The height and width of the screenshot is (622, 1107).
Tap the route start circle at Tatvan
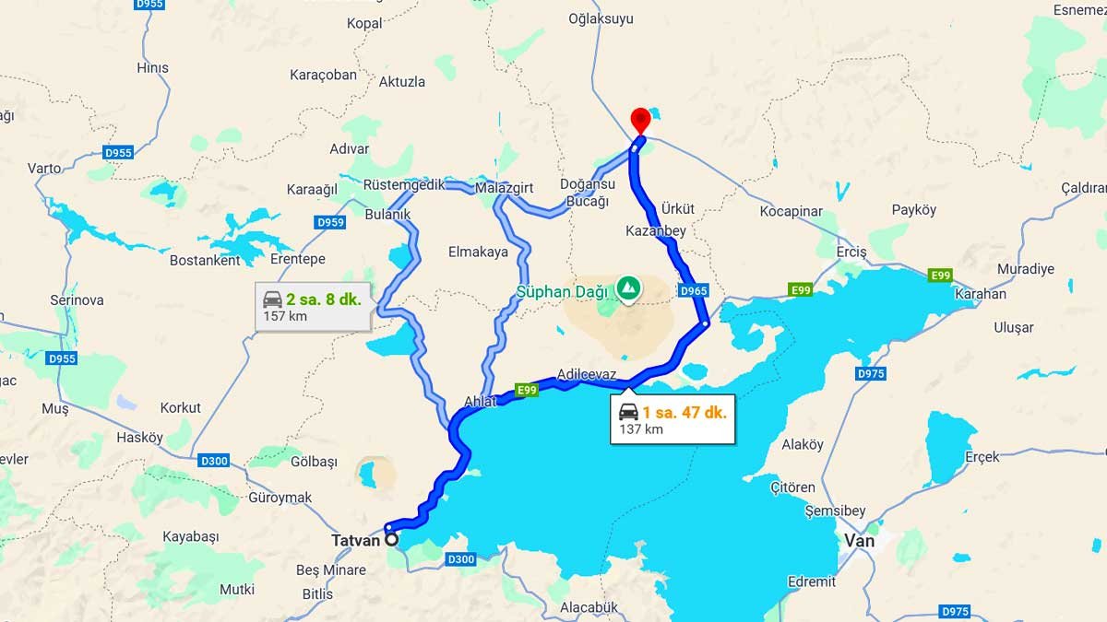point(392,540)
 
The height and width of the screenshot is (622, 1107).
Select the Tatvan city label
point(356,541)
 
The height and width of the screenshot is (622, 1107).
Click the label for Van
point(859,541)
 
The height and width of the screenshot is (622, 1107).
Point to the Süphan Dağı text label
point(563,293)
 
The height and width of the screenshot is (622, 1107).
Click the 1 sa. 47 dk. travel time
point(684,412)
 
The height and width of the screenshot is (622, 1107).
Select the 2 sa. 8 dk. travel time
point(323,299)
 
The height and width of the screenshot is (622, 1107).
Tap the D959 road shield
point(329,222)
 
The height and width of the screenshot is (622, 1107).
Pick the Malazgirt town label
point(505,188)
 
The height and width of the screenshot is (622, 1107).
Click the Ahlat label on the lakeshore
point(481,401)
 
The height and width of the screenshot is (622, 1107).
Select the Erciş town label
point(851,252)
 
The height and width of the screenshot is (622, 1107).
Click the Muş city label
point(55,408)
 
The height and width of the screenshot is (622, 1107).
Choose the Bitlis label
point(318,594)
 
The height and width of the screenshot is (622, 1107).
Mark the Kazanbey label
point(655,231)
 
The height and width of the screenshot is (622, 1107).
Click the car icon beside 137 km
point(628,412)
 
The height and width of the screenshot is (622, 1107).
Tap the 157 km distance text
point(284,316)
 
